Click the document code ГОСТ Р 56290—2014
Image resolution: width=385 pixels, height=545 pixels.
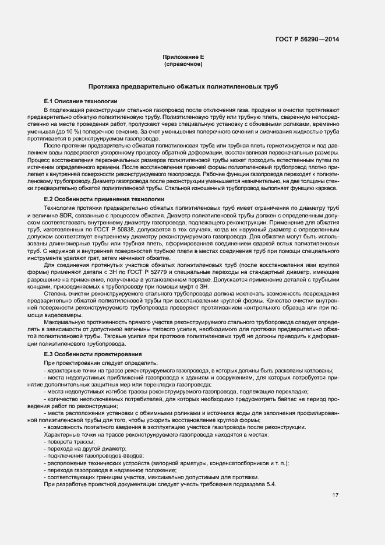[307, 40]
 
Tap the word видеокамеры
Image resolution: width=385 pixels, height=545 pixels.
[63, 315]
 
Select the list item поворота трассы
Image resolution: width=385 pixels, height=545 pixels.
[66, 442]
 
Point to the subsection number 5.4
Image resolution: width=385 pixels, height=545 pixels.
[271, 484]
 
